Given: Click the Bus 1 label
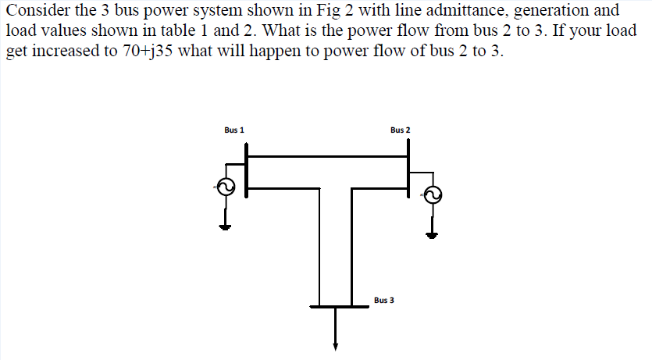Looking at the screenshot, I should (x=233, y=130).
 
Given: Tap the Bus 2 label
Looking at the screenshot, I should (x=400, y=130).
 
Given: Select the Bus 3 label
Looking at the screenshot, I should (x=383, y=300).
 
